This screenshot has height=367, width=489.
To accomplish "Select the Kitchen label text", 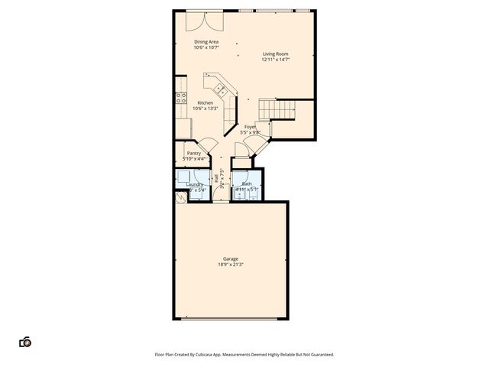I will tap(206, 102).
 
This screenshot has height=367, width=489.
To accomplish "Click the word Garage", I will tap(230, 259).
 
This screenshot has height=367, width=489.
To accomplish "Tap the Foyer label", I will tap(250, 126).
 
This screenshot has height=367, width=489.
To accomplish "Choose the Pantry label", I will tap(193, 153).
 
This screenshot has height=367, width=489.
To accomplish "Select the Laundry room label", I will tap(194, 183).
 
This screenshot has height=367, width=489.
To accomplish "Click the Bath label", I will tap(247, 183).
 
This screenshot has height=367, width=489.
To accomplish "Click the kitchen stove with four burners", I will tap(182, 97).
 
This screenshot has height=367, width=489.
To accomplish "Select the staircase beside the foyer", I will tap(276, 110).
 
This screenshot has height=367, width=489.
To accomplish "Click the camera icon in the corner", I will tap(25, 342).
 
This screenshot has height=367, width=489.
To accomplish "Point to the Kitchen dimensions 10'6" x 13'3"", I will tap(206, 109).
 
